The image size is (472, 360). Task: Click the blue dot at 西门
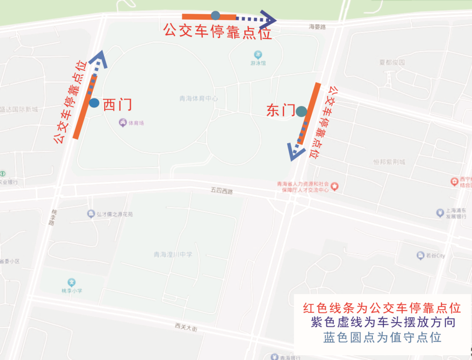point(94,103)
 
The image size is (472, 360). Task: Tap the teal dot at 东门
point(301,111)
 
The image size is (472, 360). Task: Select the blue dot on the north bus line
point(215,16)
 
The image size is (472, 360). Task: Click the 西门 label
point(117,105)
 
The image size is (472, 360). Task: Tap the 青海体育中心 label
point(199,98)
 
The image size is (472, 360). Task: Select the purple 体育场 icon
point(123,123)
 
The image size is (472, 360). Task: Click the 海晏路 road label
point(317,27)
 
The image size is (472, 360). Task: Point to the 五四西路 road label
point(222,190)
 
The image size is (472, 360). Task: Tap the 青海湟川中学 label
point(173,255)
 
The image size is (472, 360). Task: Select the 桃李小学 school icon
point(72,282)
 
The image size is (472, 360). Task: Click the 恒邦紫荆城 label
point(389,162)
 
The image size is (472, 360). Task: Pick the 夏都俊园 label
point(392,62)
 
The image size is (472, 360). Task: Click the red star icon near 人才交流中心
point(335,187)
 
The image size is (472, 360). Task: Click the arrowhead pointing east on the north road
point(270,19)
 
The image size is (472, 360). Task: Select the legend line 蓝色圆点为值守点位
point(382,338)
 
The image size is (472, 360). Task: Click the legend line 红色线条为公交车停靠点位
point(382,308)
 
